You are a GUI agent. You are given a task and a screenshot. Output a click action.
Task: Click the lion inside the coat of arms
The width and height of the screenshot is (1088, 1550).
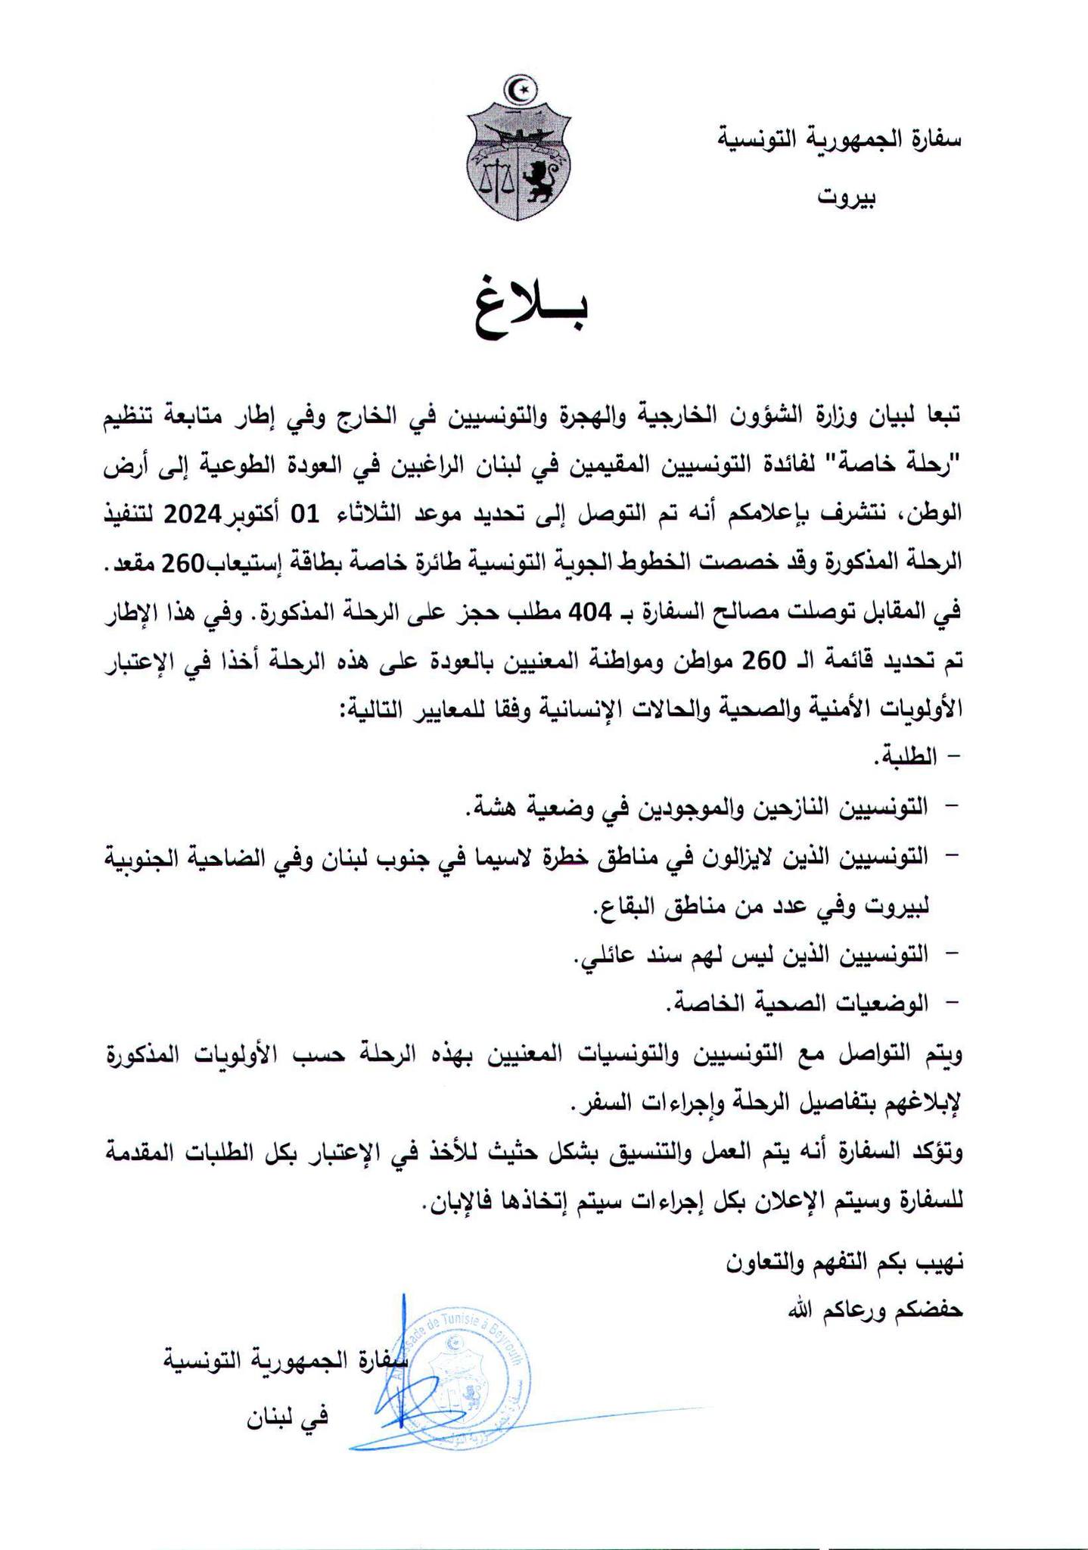coord(542,182)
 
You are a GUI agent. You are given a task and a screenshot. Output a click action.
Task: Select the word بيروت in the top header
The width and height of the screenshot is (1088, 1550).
coord(847,198)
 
